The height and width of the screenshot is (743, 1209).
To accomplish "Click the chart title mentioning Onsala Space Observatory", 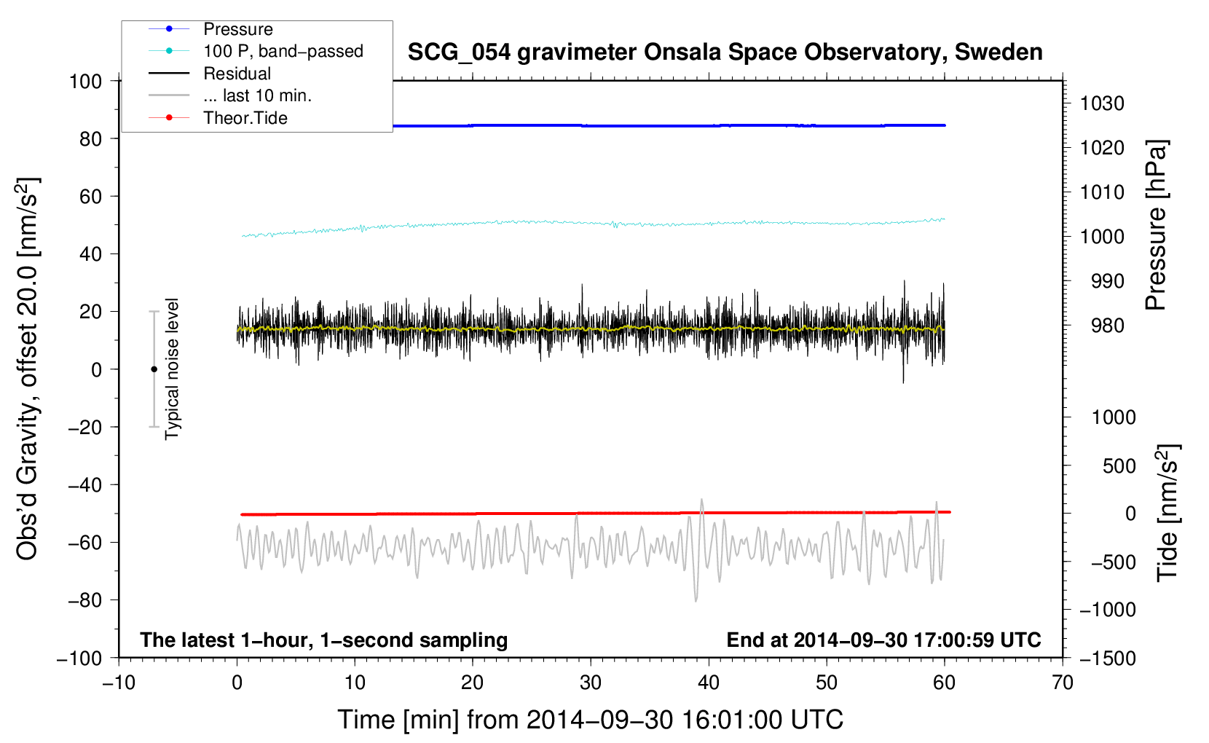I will click(725, 52).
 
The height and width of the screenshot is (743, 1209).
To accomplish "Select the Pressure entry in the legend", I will click(237, 29).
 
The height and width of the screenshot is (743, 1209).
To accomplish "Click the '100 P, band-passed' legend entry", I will click(283, 51).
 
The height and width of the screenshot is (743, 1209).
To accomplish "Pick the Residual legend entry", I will click(237, 74).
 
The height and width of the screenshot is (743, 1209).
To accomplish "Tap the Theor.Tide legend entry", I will click(245, 118).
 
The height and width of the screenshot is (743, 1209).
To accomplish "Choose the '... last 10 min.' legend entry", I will click(257, 95).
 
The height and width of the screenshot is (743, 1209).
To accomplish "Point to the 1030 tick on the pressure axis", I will click(1102, 103).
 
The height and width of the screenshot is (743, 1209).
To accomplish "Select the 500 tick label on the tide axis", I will click(1119, 465).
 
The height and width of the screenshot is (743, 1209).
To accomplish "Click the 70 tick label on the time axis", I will click(1063, 683).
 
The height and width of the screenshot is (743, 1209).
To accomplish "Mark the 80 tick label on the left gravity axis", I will click(90, 138).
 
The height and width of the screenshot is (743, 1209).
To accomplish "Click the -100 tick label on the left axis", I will click(79, 658).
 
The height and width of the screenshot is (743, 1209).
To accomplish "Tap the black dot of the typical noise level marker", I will click(154, 369).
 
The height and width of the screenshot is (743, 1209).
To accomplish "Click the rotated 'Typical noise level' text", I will click(172, 369).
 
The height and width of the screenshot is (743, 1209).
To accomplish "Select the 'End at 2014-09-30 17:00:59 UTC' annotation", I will click(883, 640).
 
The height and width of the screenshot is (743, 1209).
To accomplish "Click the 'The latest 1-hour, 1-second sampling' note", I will click(324, 640).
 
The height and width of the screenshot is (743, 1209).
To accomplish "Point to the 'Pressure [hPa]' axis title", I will click(1156, 226).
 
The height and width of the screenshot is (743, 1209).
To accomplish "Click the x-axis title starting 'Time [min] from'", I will click(590, 720).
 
